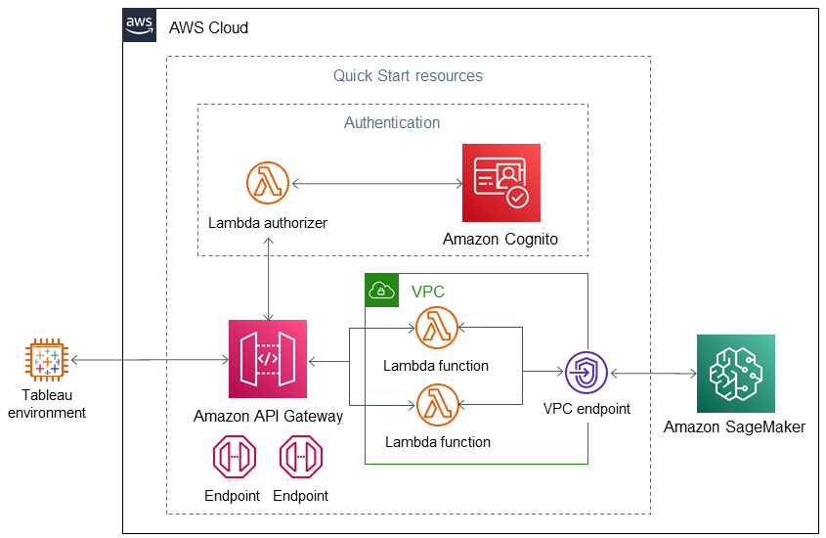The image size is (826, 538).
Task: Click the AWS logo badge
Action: coord(140,24)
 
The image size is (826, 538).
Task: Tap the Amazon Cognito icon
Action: coord(500,183)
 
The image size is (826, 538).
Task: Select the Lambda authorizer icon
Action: coord(268,183)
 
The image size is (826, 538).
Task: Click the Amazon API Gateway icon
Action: coord(268,359)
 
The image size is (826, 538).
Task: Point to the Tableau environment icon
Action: coord(47,360)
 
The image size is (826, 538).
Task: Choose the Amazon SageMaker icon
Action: coord(735,373)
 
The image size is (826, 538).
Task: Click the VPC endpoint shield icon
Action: coord(586,373)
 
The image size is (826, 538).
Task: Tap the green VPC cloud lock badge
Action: coord(382,290)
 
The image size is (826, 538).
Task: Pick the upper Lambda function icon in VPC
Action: coord(437,328)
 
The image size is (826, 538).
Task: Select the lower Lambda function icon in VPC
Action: coord(437,405)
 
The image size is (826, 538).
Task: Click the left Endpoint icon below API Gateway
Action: coord(235,457)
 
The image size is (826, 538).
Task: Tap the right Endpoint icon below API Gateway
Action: coord(301,457)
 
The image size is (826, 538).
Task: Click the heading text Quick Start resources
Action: coord(408,76)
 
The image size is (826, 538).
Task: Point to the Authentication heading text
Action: coord(392,123)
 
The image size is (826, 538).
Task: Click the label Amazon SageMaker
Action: coord(734,426)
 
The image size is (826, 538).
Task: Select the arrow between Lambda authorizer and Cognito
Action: coord(377,183)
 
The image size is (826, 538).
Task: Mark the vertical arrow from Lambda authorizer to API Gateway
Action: coord(269,280)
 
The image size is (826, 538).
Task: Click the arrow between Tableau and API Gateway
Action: coord(150,360)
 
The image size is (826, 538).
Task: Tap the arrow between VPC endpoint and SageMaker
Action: coord(653,374)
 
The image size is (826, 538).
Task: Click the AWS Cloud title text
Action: coord(208,27)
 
